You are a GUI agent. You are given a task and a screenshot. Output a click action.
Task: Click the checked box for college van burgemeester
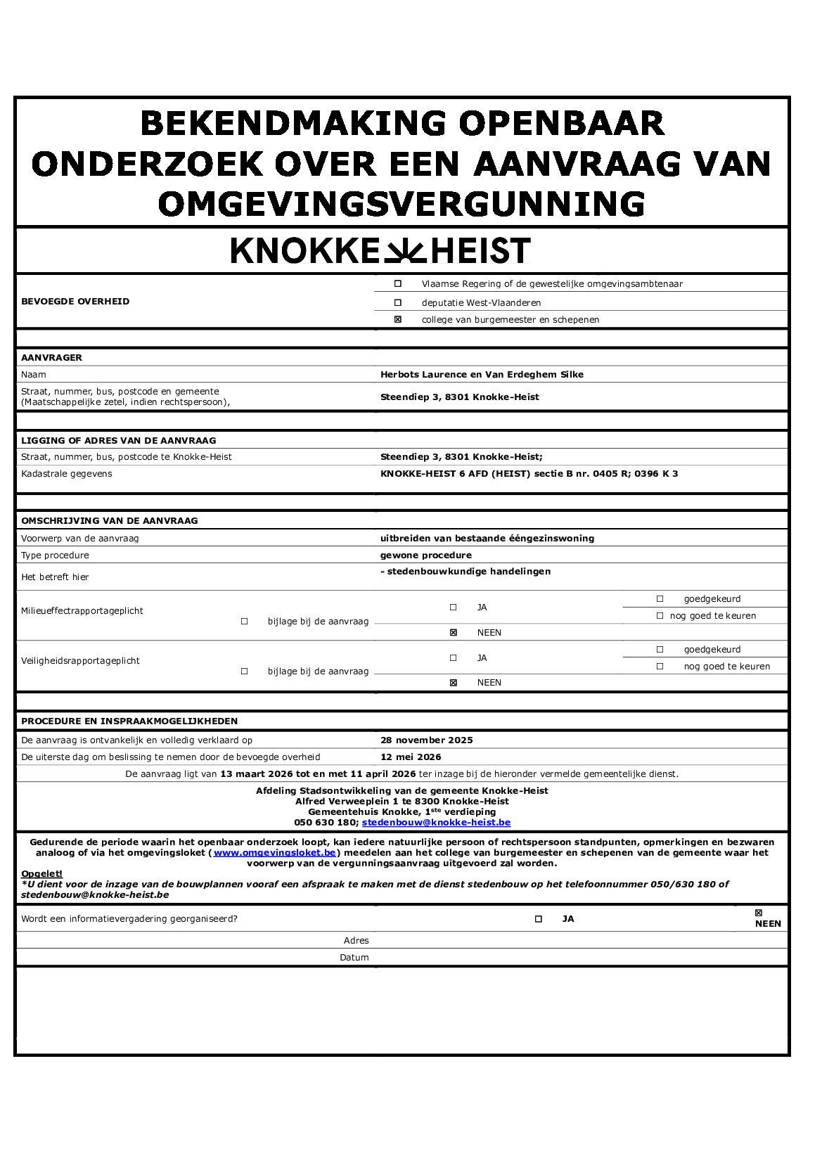coord(398,319)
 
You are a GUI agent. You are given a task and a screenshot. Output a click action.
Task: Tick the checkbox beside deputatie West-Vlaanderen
coord(398,302)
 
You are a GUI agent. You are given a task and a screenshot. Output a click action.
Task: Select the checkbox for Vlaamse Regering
coord(398,284)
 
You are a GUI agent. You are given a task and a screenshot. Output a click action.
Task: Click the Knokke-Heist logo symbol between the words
coord(405,251)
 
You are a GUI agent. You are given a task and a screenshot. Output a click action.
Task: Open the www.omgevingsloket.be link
coord(275,853)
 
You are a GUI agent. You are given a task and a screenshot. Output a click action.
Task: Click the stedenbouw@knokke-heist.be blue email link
coord(436,823)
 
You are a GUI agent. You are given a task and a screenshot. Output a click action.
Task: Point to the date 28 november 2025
coord(427,740)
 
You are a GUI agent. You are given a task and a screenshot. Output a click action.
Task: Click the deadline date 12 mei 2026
coord(411,757)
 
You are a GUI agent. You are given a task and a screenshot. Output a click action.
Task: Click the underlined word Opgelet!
coord(41,874)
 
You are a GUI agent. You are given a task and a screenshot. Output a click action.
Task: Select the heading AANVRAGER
coord(51,358)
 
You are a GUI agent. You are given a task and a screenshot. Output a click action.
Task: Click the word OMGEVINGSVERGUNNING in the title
coord(402,205)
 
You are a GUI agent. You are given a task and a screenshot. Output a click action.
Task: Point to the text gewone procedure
coord(426,555)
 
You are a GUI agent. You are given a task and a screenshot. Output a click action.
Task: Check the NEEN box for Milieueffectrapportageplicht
coord(454,633)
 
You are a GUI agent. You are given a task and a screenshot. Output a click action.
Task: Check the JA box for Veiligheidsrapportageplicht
coord(454,658)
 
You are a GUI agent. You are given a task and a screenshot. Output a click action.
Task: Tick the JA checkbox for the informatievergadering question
coord(539,919)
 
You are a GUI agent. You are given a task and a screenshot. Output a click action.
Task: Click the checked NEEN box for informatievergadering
coord(758,913)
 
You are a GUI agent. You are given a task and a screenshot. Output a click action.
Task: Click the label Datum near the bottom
coord(354,958)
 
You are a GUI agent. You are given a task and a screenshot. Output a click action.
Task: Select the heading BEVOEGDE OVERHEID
coord(75,302)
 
